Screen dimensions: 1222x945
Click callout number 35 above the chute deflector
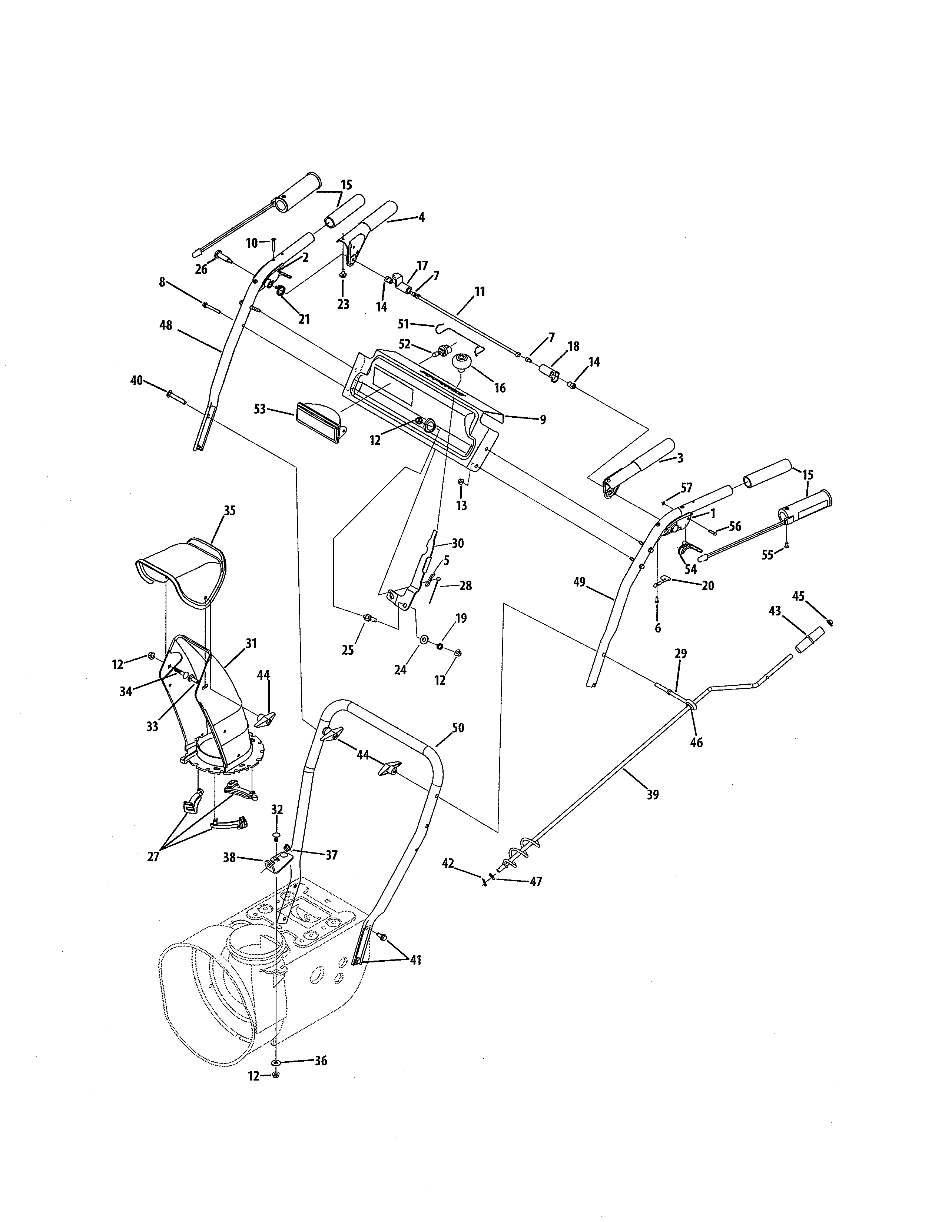coord(229,510)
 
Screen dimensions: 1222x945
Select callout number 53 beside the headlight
coord(260,409)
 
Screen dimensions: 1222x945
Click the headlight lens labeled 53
coord(318,430)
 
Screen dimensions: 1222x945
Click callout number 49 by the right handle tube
coord(580,582)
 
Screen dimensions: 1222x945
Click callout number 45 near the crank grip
coord(798,597)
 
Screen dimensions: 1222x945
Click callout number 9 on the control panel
coord(543,420)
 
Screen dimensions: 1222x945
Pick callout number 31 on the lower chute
coord(251,644)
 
